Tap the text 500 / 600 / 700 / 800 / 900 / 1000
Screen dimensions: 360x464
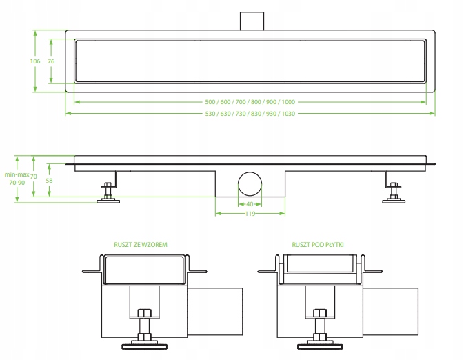pyautogui.click(x=250, y=101)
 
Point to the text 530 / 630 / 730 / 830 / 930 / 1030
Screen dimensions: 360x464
pyautogui.click(x=250, y=113)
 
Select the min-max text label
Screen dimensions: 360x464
pyautogui.click(x=15, y=176)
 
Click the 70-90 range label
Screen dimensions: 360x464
pyautogui.click(x=15, y=184)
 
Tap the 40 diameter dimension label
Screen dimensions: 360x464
pyautogui.click(x=250, y=204)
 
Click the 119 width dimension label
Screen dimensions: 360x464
pyautogui.click(x=250, y=214)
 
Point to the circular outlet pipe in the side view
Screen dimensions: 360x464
pyautogui.click(x=250, y=185)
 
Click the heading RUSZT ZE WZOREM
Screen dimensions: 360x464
pyautogui.click(x=141, y=244)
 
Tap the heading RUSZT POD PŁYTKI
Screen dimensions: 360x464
pyautogui.click(x=318, y=244)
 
